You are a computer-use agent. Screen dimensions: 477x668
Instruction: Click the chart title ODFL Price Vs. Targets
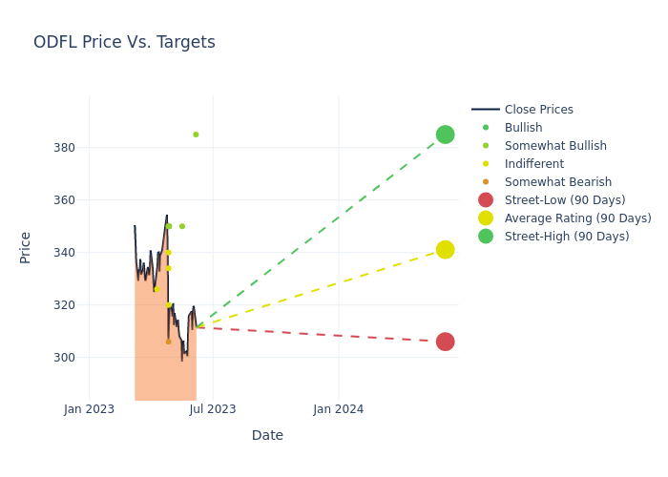124,43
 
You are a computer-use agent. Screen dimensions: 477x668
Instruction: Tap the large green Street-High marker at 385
445,135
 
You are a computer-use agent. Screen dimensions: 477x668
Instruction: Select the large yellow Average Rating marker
445,250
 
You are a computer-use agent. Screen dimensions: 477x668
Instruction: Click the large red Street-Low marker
445,342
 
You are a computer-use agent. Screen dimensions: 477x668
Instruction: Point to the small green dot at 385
196,135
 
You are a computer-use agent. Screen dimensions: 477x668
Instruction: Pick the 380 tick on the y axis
64,148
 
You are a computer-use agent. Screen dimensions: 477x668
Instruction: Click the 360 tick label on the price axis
64,200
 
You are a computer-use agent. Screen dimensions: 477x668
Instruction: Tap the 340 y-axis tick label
64,253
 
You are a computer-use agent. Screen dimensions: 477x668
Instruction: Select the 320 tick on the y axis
64,305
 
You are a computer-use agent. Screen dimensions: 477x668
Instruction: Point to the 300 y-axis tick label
64,358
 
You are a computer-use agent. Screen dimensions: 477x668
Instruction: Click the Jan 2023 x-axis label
89,409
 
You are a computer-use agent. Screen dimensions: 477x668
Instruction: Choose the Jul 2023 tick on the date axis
213,409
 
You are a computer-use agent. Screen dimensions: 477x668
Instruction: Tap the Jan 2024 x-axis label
338,409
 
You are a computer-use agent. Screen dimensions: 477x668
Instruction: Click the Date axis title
267,436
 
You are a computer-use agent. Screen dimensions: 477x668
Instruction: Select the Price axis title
26,247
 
